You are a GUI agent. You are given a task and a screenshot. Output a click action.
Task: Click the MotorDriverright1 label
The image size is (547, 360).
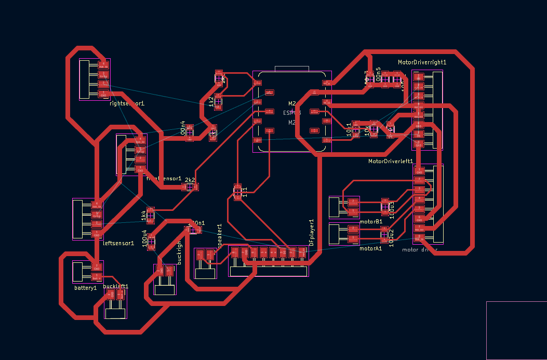[422, 62]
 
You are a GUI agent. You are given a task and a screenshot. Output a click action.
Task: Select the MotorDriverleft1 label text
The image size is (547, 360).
[391, 161]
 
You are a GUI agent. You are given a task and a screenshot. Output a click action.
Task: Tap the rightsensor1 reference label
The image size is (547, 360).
[127, 103]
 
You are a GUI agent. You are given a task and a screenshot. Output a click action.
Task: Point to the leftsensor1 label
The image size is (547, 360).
[119, 243]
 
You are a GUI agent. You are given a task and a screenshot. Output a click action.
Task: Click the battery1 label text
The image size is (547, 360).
[86, 287]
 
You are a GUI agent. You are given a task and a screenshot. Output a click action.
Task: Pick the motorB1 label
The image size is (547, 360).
[371, 221]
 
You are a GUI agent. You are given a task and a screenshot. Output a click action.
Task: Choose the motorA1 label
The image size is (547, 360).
[371, 248]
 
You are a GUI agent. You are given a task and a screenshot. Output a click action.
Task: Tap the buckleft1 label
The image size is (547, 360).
[115, 286]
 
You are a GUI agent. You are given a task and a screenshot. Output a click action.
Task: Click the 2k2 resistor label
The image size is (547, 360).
[190, 180]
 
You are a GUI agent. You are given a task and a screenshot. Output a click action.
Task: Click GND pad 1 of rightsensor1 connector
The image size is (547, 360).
[103, 94]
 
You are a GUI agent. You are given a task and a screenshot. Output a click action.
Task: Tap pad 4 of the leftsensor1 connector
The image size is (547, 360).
[96, 204]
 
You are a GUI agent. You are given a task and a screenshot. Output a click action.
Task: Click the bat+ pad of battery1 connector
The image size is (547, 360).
[96, 276]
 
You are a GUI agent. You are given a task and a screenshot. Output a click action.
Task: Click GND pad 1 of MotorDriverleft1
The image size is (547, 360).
[419, 171]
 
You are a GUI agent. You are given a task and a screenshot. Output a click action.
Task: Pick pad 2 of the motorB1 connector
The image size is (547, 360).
[353, 202]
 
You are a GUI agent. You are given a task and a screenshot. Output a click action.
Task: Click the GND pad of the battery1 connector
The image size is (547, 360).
[96, 267]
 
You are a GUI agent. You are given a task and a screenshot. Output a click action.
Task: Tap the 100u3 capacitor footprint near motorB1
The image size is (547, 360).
[385, 207]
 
